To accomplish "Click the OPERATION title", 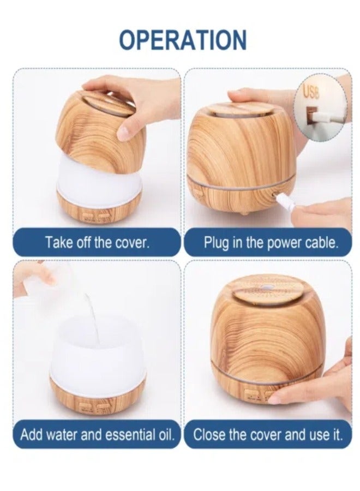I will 182,41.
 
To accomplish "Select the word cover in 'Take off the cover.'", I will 131,243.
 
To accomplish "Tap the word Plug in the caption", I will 217,243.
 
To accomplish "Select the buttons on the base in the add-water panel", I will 95,406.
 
